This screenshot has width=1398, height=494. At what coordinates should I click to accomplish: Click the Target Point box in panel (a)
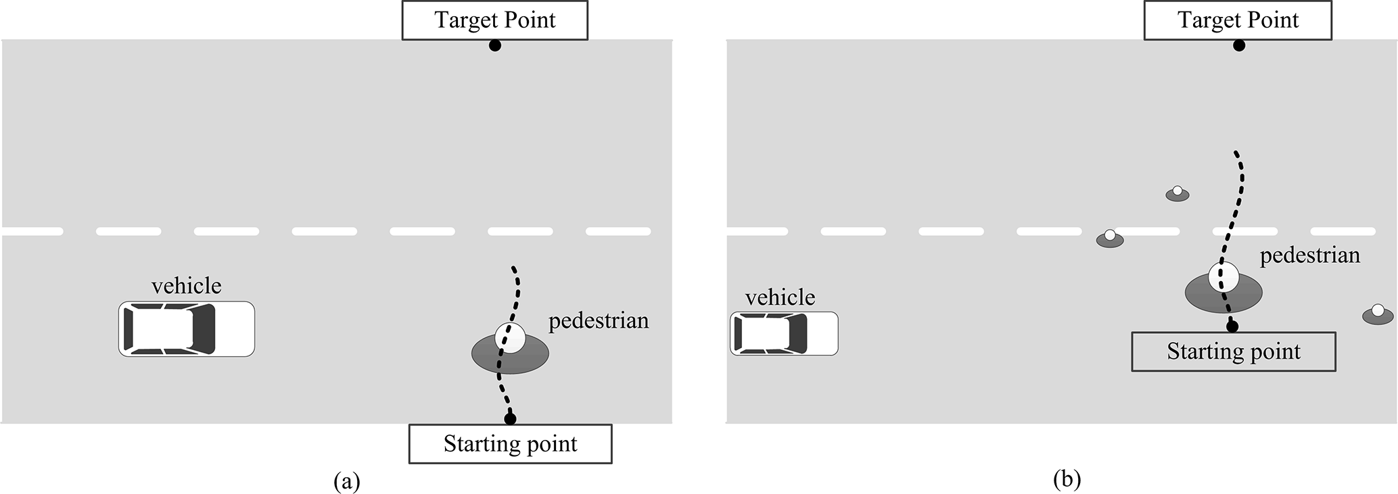coord(494,20)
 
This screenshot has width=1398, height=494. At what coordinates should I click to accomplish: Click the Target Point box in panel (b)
coord(1238,20)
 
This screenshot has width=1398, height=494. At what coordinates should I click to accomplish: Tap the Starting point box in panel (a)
coord(510,444)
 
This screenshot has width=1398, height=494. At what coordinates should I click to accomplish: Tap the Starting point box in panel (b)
coord(1234,351)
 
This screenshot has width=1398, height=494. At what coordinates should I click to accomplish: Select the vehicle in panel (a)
coord(187,329)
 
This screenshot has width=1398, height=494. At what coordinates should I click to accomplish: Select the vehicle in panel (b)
coord(784,334)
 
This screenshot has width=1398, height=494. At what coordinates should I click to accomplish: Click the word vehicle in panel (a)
coord(186,286)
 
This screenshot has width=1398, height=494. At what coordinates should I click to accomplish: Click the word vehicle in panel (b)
coord(780,297)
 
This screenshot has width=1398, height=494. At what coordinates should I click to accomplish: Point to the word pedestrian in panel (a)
coord(599,320)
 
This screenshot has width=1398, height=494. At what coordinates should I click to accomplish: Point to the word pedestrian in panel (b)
coord(1310,255)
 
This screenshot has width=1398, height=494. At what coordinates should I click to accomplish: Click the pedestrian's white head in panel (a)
coord(510,337)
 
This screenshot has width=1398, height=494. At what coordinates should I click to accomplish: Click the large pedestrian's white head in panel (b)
coord(1223,277)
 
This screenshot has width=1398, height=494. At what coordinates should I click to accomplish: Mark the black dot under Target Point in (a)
coord(495,46)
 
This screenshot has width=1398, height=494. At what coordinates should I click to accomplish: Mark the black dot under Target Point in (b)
coord(1238,46)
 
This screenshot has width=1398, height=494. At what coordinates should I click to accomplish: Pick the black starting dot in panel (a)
coord(510,419)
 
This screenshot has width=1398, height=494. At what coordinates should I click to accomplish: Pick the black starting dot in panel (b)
coord(1232,326)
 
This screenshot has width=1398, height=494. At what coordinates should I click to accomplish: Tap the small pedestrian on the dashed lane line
coord(1110,239)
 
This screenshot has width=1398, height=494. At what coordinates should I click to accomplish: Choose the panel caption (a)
coord(347,481)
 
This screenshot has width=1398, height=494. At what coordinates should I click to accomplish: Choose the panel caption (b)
coord(1067,479)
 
